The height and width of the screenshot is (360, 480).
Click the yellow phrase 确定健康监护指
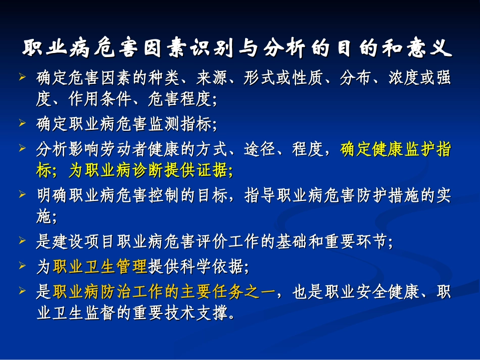click(396, 150)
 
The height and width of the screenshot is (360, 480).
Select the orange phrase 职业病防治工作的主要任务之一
click(163, 292)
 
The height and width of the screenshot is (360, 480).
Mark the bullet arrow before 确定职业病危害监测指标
click(22, 123)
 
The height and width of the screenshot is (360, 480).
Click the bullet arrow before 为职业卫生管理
click(22, 265)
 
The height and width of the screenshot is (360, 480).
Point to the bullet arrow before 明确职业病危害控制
click(22, 194)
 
